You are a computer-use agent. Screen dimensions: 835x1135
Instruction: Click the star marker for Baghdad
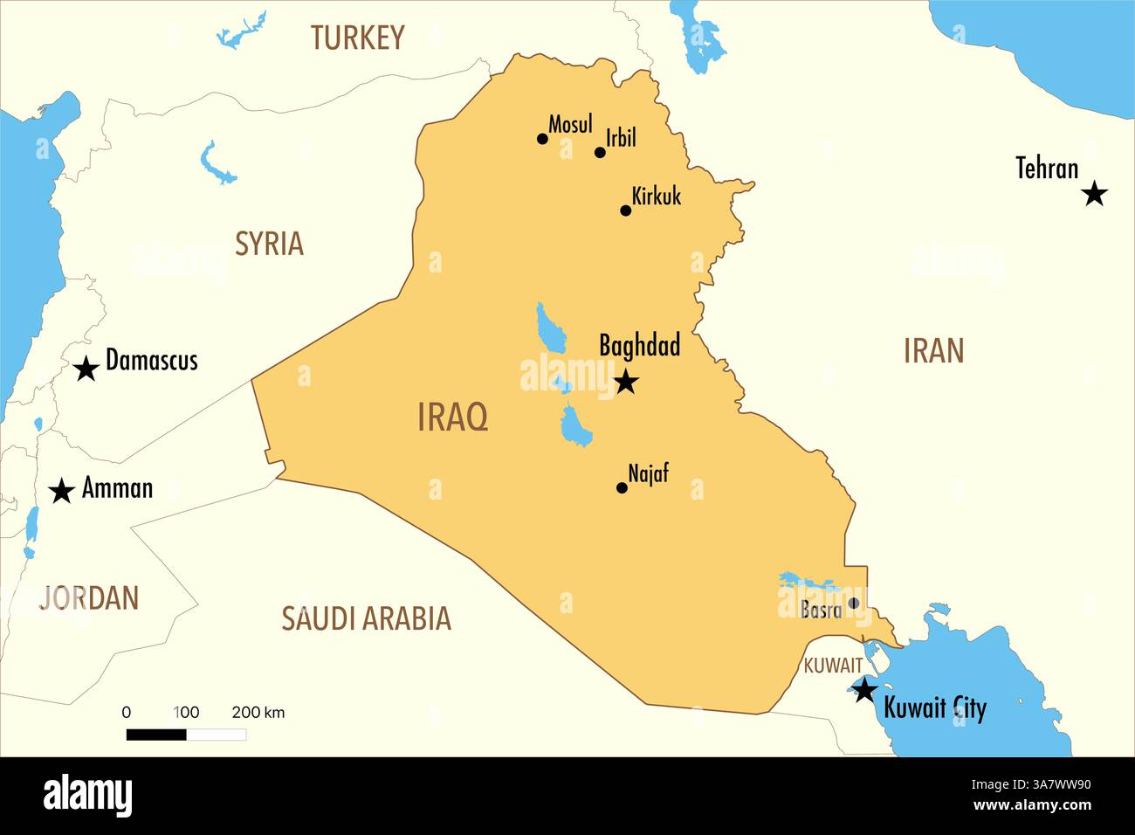pyautogui.click(x=626, y=382)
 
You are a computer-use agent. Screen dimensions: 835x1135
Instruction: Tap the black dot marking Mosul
pyautogui.click(x=542, y=139)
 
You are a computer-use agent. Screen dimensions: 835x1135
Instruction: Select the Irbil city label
pyautogui.click(x=621, y=138)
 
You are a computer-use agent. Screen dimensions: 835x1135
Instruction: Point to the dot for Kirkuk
pyautogui.click(x=625, y=210)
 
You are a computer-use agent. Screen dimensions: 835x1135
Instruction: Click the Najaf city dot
pyautogui.click(x=622, y=488)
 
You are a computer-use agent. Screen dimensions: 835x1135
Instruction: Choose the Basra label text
pyautogui.click(x=821, y=610)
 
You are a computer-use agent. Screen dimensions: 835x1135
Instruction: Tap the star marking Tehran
pyautogui.click(x=1094, y=194)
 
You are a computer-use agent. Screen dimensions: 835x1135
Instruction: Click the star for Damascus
pyautogui.click(x=86, y=369)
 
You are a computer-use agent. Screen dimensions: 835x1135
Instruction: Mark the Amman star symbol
pyautogui.click(x=61, y=491)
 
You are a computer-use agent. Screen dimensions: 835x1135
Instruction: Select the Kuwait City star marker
pyautogui.click(x=863, y=691)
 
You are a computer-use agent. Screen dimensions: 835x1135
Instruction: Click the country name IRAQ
pyautogui.click(x=452, y=417)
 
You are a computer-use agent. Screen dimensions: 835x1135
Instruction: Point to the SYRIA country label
pyautogui.click(x=269, y=244)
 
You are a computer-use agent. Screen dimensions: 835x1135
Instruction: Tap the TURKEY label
pyautogui.click(x=357, y=38)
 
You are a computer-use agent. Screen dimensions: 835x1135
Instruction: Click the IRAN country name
pyautogui.click(x=933, y=351)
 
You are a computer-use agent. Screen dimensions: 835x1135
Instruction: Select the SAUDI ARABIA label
pyautogui.click(x=366, y=618)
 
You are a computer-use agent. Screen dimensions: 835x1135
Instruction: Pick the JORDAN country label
pyautogui.click(x=89, y=598)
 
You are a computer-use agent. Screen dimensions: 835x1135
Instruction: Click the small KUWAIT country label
pyautogui.click(x=832, y=666)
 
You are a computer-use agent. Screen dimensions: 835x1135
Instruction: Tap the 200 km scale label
pyautogui.click(x=258, y=713)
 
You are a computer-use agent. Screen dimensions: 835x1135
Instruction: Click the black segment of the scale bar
pyautogui.click(x=156, y=735)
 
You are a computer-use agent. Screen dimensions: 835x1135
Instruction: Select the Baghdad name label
pyautogui.click(x=639, y=346)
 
